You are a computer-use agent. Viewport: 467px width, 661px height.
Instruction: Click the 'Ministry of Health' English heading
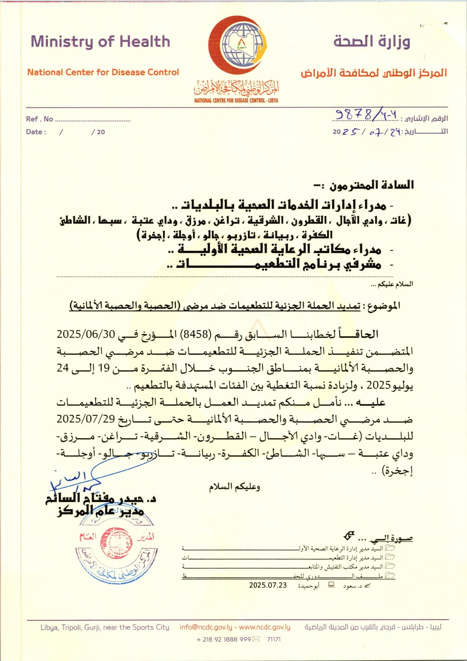[x=100, y=42]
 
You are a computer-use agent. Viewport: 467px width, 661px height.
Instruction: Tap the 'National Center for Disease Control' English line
[x=103, y=72]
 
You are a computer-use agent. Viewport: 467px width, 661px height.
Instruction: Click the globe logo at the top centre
[x=242, y=45]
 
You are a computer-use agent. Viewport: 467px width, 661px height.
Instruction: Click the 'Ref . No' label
[x=39, y=119]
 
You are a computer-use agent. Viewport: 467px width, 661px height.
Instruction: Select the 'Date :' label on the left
[x=36, y=132]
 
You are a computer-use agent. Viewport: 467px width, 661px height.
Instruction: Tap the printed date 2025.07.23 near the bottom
[x=268, y=585]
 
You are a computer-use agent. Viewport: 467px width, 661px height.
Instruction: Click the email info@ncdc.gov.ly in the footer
[x=206, y=627]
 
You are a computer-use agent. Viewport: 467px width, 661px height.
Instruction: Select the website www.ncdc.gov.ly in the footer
[x=265, y=627]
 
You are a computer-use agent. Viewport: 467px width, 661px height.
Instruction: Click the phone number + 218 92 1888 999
[x=223, y=639]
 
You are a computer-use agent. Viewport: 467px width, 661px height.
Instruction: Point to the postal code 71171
[x=274, y=639]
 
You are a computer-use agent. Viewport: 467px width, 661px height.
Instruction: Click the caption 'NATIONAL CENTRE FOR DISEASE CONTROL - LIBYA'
[x=236, y=100]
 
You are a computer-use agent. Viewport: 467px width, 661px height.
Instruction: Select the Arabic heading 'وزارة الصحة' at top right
[x=372, y=41]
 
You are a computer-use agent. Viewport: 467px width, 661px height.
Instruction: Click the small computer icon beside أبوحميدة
[x=331, y=585]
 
